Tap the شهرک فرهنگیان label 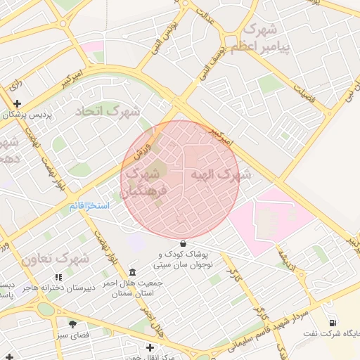pyautogui.click(x=145, y=181)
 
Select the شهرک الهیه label pyautogui.click(x=218, y=175)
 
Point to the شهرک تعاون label pyautogui.click(x=54, y=259)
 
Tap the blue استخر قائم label pyautogui.click(x=89, y=205)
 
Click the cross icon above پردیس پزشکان pyautogui.click(x=15, y=104)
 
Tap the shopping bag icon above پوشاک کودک pyautogui.click(x=183, y=243)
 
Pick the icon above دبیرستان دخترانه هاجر pyautogui.click(x=58, y=278)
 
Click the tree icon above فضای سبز pyautogui.click(x=72, y=324)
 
